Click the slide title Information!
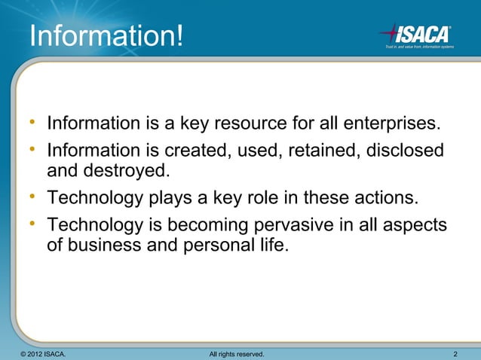106,35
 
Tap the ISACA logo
415,34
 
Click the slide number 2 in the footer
456,353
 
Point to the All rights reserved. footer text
235,353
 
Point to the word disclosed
405,151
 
